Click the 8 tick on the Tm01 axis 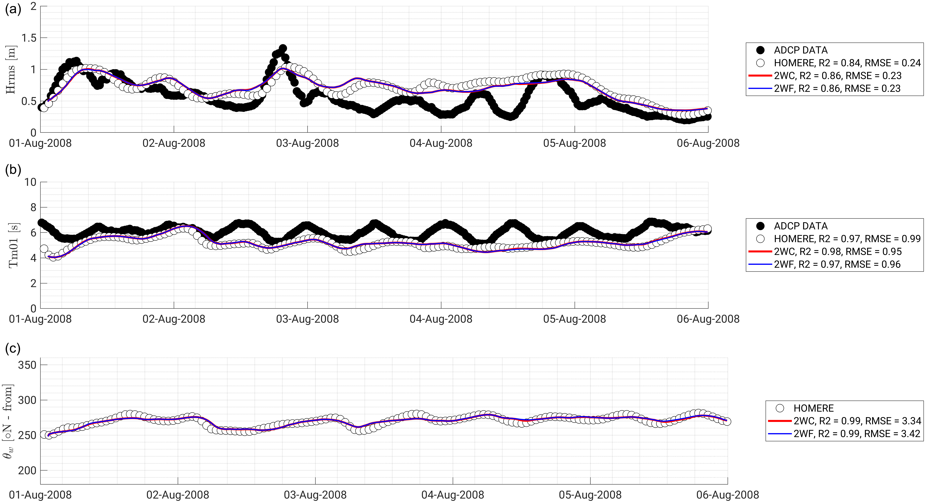tap(33, 207)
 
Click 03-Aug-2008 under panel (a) tap(307, 143)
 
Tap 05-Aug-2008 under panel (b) tap(574, 319)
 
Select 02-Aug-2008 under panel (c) tap(178, 495)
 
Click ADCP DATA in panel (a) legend tap(801, 50)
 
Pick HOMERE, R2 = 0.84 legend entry tap(847, 63)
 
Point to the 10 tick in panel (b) tap(30, 182)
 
